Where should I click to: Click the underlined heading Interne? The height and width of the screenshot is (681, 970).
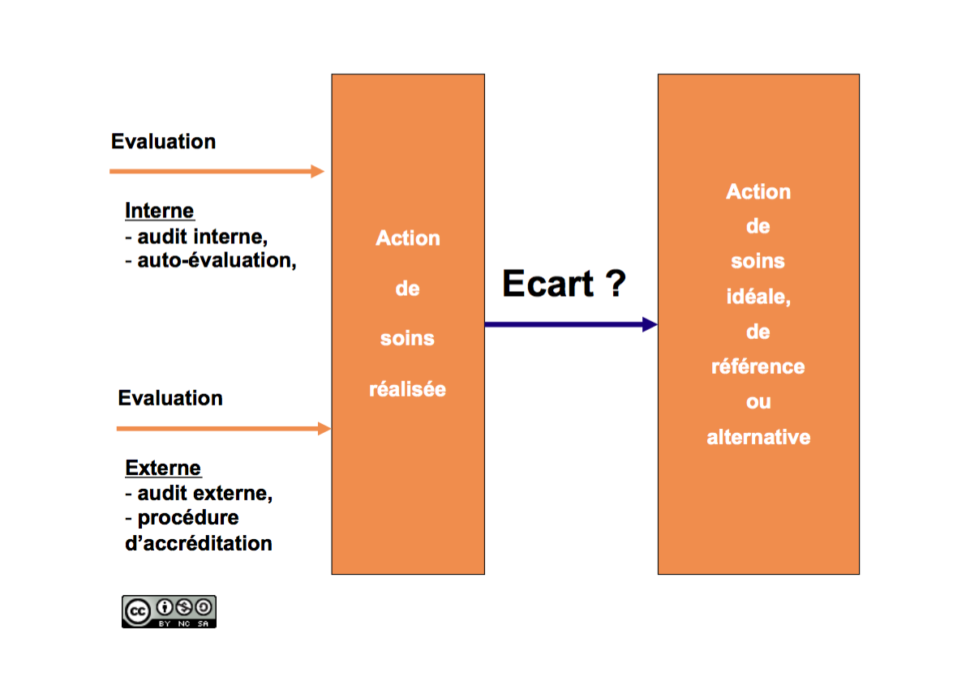click(160, 211)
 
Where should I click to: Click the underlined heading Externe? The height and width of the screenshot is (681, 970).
click(163, 469)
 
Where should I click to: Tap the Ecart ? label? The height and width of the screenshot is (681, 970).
click(564, 284)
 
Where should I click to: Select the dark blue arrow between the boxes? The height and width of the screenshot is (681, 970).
click(571, 324)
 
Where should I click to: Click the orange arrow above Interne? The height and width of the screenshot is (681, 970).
click(217, 171)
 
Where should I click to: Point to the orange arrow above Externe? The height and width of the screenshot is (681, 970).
click(224, 428)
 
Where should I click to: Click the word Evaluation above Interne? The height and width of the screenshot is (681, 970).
click(163, 142)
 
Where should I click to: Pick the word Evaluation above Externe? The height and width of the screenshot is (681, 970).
click(170, 398)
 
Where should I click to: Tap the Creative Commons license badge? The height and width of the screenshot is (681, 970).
click(169, 612)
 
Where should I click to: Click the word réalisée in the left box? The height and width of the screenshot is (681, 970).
click(408, 389)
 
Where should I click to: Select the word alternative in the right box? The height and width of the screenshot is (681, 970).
click(758, 437)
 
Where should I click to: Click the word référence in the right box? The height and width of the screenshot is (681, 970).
click(758, 366)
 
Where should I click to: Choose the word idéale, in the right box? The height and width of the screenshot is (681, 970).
click(758, 297)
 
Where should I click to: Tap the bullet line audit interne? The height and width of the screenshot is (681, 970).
click(197, 237)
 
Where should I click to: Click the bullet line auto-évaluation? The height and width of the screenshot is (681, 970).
click(211, 261)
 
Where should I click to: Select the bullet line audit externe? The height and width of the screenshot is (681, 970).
click(200, 494)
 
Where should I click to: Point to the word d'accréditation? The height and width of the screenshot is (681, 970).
click(199, 543)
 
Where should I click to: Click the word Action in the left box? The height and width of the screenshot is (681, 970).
click(408, 238)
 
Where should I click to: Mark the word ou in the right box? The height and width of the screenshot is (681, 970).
click(758, 402)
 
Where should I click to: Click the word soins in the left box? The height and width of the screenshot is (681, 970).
click(408, 338)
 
